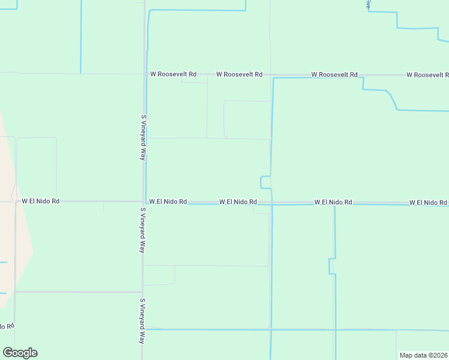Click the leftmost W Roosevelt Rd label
click(x=173, y=74)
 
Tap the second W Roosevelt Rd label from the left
click(x=239, y=74)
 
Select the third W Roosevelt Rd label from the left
click(x=334, y=75)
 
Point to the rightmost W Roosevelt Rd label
click(x=427, y=75)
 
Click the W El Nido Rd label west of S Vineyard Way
click(x=41, y=202)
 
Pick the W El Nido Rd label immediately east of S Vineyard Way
click(x=168, y=202)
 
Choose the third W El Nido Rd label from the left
click(x=238, y=203)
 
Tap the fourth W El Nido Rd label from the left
click(x=333, y=203)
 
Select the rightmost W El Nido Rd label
click(x=429, y=203)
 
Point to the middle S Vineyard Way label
click(x=143, y=230)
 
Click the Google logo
click(x=20, y=352)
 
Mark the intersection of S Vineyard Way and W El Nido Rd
click(x=143, y=202)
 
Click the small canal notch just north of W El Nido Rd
click(x=265, y=182)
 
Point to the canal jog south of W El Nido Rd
click(x=331, y=266)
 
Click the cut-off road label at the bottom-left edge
click(x=7, y=326)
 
